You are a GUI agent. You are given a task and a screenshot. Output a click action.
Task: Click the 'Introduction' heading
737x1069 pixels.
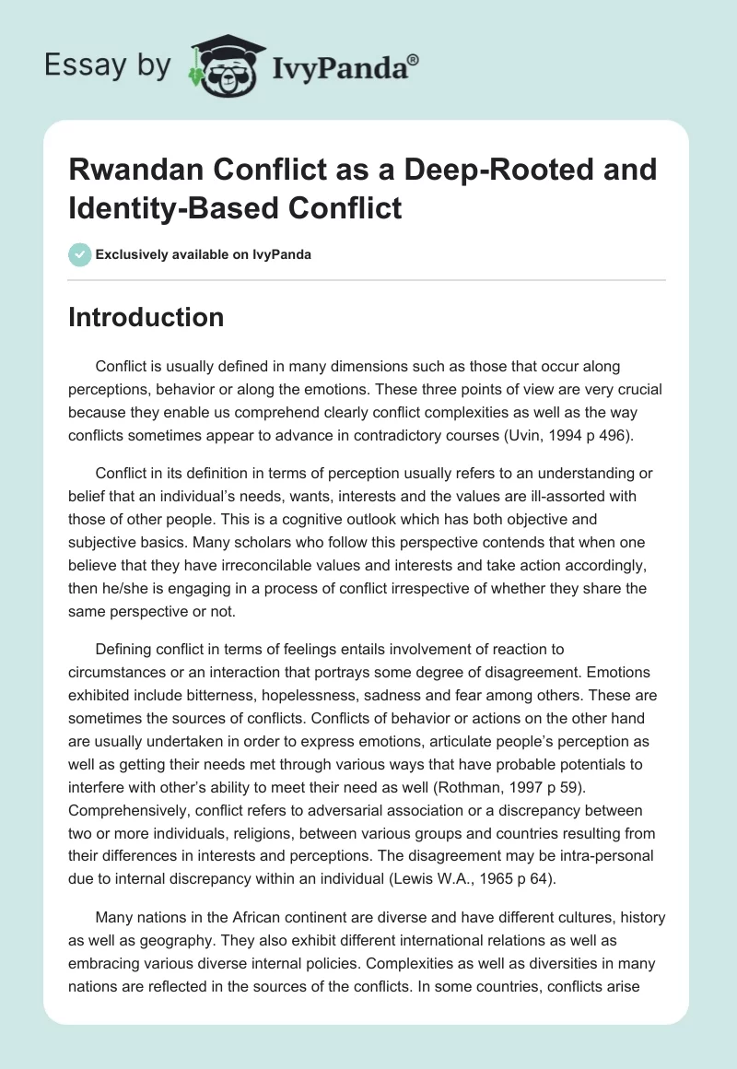pyautogui.click(x=146, y=318)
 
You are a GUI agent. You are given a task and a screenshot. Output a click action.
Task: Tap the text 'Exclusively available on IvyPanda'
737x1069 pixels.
pyautogui.click(x=203, y=254)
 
